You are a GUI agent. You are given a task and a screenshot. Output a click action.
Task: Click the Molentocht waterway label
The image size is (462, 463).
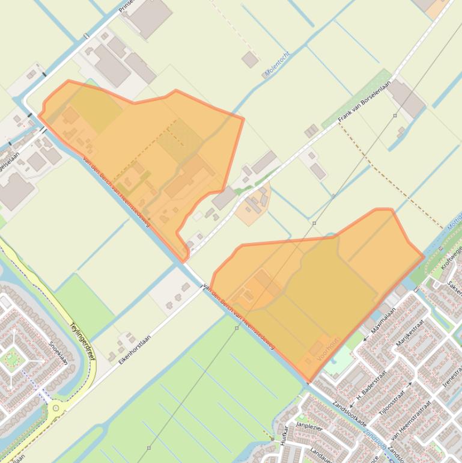coord(277,64)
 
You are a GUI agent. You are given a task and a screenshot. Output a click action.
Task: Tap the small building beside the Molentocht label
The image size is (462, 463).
coord(250,59)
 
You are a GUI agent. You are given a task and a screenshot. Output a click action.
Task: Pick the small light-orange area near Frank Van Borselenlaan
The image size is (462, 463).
coord(253,206)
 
